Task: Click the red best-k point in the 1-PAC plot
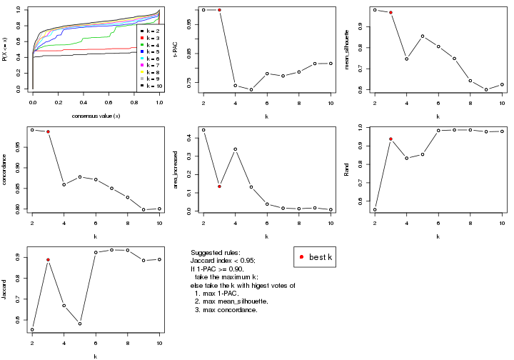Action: click(219, 10)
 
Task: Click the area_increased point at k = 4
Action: click(235, 149)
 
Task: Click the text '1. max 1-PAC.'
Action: click(224, 294)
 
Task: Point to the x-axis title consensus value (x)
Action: click(96, 116)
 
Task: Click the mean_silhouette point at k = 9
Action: click(486, 90)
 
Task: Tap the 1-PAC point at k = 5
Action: click(251, 89)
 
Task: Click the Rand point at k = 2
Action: click(375, 209)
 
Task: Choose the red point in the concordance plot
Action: click(48, 131)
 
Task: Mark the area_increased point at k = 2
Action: click(203, 130)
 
